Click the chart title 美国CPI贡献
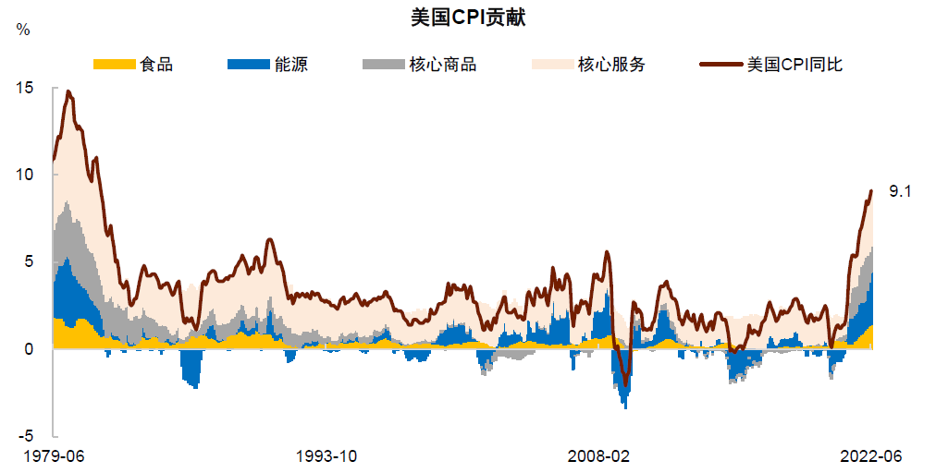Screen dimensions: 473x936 [x=468, y=18]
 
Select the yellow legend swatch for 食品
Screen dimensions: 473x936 [x=114, y=65]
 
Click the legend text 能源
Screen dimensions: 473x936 [x=291, y=65]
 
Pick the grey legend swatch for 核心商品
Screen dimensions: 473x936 [x=382, y=65]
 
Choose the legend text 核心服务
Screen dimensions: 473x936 [x=611, y=65]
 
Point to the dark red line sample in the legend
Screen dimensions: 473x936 [x=721, y=65]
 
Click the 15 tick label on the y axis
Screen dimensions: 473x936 [x=24, y=88]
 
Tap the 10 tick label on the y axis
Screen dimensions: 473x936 [x=24, y=175]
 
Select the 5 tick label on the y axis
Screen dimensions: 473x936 [x=28, y=261]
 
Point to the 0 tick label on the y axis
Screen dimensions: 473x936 [x=28, y=348]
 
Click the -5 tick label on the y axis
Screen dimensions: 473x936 [x=25, y=435]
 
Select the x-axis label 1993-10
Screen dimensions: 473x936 [x=327, y=455]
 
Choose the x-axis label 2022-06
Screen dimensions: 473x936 [x=870, y=455]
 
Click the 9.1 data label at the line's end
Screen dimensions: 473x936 [x=900, y=191]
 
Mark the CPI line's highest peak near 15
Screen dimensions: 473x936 [x=68, y=91]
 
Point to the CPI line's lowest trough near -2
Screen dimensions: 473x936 [x=625, y=384]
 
